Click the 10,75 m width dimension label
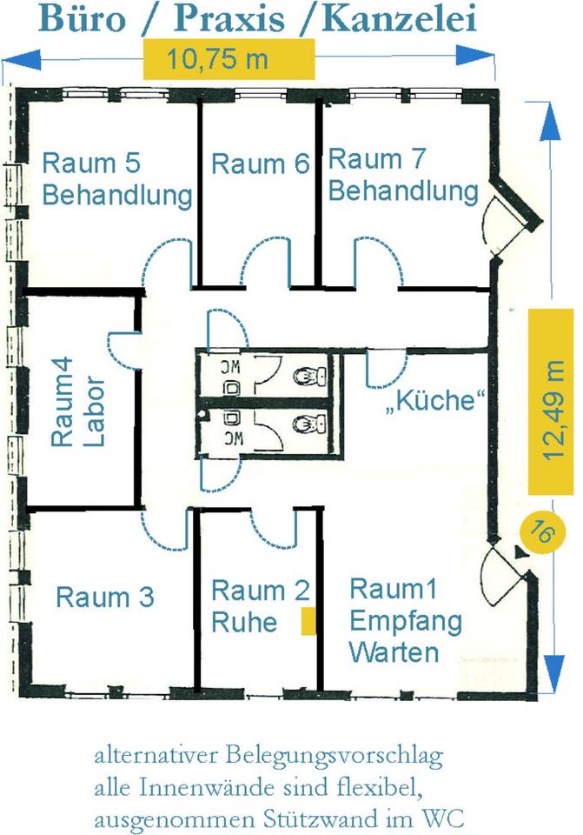(228, 60)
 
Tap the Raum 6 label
(260, 164)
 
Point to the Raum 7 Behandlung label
(402, 174)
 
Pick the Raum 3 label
(104, 598)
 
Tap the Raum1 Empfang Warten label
(394, 619)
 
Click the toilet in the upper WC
(307, 376)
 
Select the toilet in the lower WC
(307, 425)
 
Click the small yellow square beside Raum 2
(308, 623)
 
